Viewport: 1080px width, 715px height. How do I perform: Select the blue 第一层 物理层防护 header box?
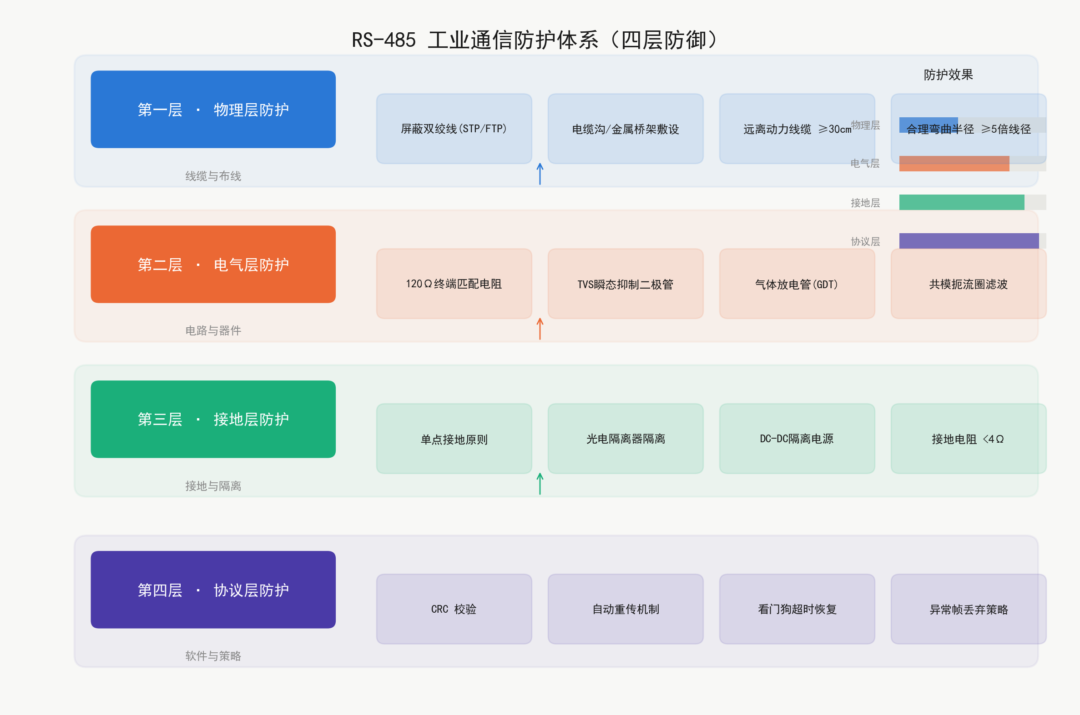pyautogui.click(x=213, y=109)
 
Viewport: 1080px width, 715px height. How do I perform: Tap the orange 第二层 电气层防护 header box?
pyautogui.click(x=213, y=264)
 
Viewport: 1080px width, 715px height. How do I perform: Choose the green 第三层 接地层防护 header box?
pyautogui.click(x=213, y=419)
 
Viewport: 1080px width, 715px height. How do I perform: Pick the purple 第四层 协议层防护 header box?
pyautogui.click(x=213, y=590)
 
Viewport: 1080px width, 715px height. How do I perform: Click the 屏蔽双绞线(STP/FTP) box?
pyautogui.click(x=454, y=129)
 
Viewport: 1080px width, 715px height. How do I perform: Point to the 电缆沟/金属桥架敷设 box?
pyautogui.click(x=626, y=129)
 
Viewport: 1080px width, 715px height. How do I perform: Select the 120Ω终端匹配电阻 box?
pyautogui.click(x=454, y=284)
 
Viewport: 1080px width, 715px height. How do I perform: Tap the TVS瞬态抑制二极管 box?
pyautogui.click(x=626, y=284)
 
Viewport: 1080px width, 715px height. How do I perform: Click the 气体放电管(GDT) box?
pyautogui.click(x=797, y=284)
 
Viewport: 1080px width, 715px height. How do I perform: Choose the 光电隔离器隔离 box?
pyautogui.click(x=626, y=439)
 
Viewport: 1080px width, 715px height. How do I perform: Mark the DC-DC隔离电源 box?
pyautogui.click(x=797, y=439)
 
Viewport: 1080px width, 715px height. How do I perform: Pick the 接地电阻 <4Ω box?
pyautogui.click(x=969, y=439)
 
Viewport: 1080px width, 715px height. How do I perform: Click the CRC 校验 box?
pyautogui.click(x=454, y=609)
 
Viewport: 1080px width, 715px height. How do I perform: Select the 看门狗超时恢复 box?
pyautogui.click(x=797, y=609)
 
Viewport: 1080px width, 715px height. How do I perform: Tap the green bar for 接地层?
pyautogui.click(x=962, y=202)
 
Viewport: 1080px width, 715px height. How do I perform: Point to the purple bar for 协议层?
pyautogui.click(x=969, y=241)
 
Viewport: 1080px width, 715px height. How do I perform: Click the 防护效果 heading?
pyautogui.click(x=949, y=75)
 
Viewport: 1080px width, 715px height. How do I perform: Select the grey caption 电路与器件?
pyautogui.click(x=213, y=330)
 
